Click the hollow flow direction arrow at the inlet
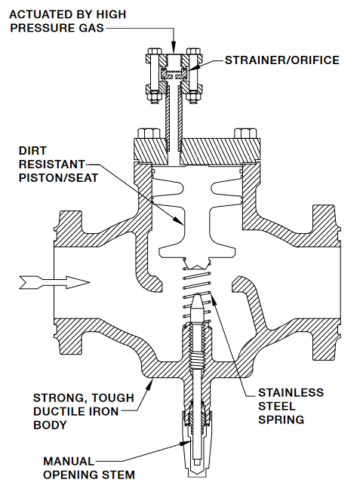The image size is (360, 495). [x=54, y=282]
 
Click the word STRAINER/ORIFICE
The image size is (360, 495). [x=282, y=60]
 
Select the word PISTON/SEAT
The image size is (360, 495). [x=58, y=178]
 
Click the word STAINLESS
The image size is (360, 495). [x=291, y=392]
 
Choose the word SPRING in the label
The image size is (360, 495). [x=281, y=420]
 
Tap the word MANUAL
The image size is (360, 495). [x=69, y=461]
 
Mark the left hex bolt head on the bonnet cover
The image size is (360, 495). [x=149, y=134]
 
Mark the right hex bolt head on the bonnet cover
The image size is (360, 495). [x=245, y=134]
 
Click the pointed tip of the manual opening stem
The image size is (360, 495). [x=197, y=294]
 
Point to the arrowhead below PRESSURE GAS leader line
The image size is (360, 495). [x=174, y=48]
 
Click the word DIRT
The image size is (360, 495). [x=32, y=151]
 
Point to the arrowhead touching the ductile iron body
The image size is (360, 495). [x=149, y=384]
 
